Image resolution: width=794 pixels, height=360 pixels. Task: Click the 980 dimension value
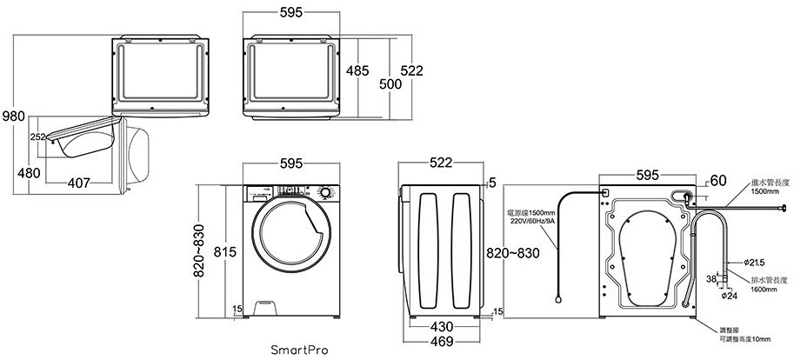13,117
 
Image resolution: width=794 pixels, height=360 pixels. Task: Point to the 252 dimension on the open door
37,137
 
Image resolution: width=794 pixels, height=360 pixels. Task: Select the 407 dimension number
77,183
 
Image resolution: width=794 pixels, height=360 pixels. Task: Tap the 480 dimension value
28,172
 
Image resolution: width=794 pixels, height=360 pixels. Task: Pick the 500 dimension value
390,84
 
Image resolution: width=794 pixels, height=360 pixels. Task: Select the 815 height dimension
224,252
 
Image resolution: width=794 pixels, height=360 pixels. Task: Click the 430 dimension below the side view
441,327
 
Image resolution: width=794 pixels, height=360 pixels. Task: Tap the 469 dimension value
441,342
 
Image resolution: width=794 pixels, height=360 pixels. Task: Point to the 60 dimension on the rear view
717,181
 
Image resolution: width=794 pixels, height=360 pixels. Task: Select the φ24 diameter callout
730,296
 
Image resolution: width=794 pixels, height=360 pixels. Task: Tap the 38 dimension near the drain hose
711,279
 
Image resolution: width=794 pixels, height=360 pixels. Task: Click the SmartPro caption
300,350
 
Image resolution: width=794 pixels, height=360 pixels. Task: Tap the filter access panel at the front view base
267,305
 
